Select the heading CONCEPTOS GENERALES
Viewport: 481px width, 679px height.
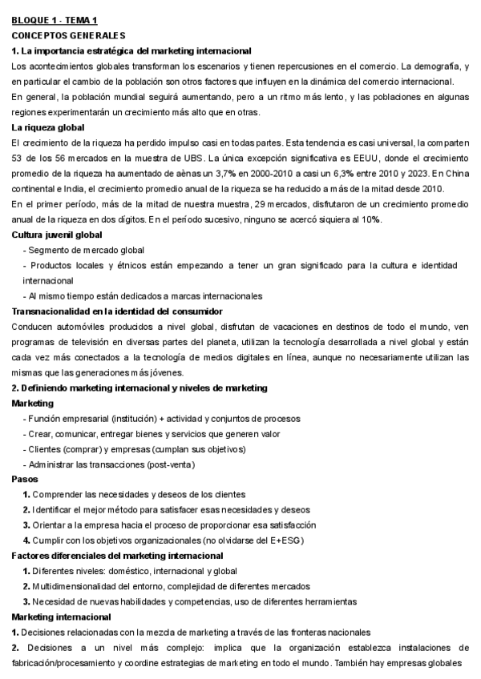(x=69, y=35)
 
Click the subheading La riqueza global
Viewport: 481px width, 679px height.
(x=49, y=127)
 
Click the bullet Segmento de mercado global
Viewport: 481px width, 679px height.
(x=84, y=251)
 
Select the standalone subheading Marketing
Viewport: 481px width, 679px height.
(x=33, y=404)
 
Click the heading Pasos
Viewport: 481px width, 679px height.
(x=24, y=479)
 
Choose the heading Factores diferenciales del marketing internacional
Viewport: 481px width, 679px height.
(x=117, y=556)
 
